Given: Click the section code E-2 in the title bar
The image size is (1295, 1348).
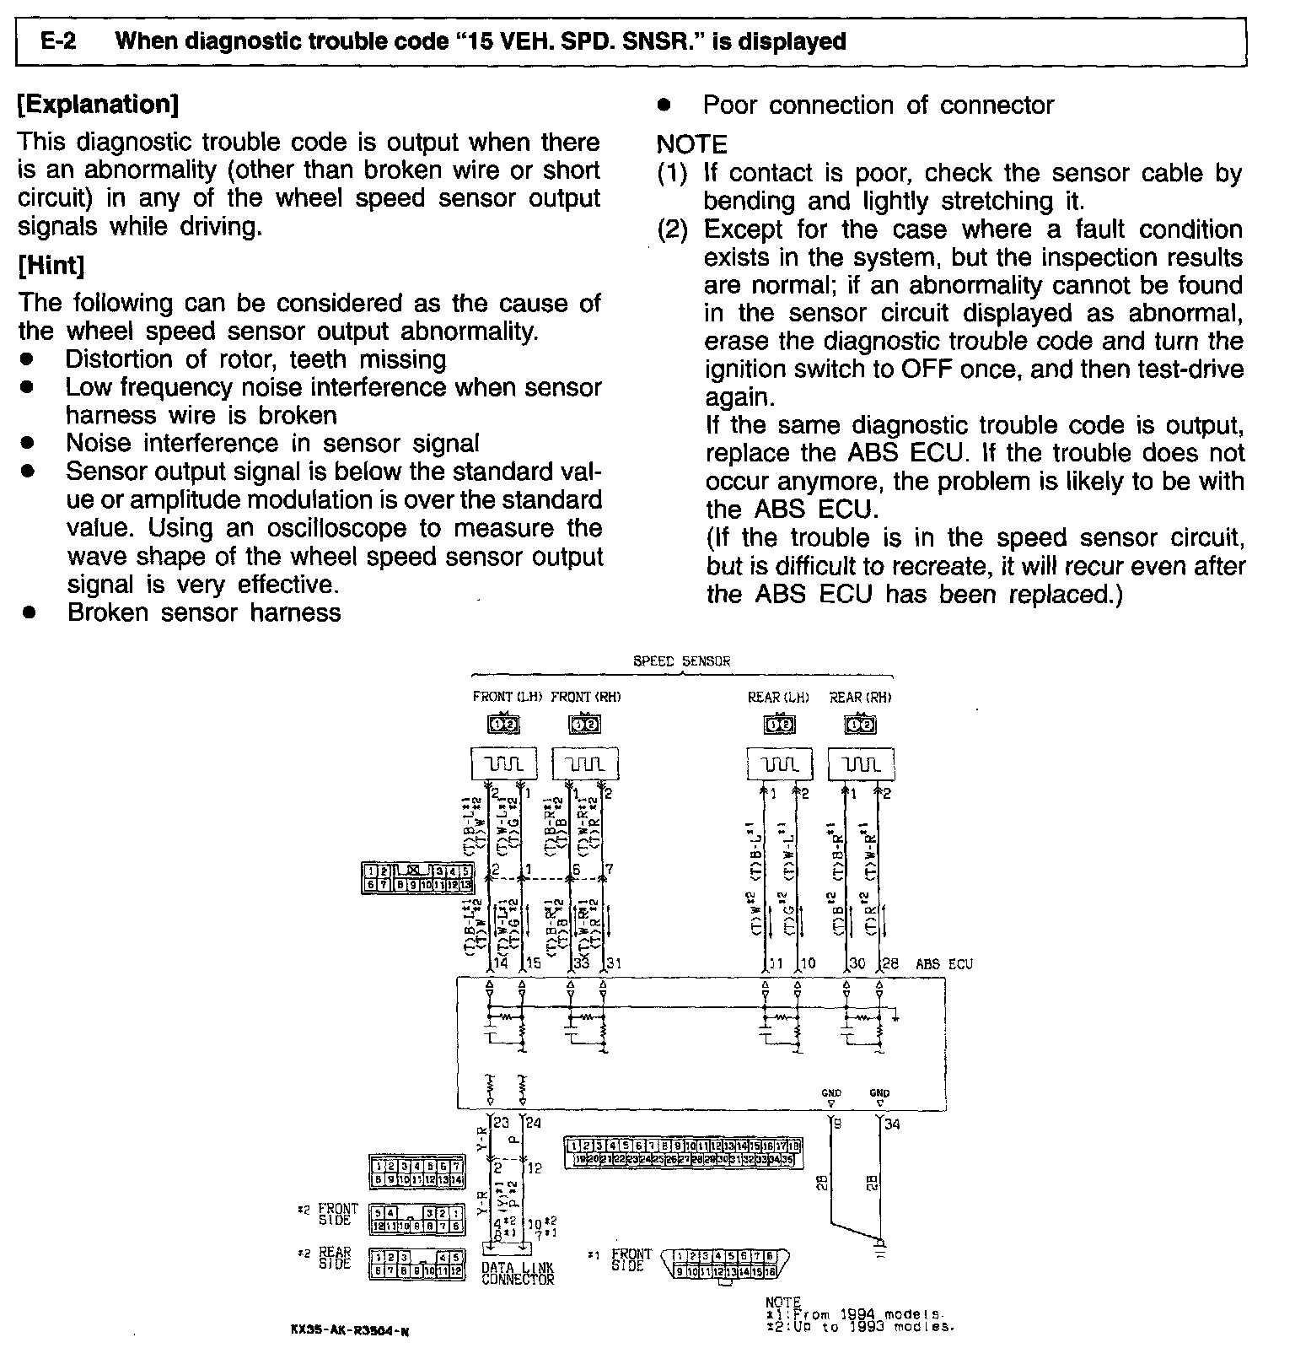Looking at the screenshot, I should pos(58,41).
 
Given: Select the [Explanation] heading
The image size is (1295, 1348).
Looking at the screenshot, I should pos(98,105).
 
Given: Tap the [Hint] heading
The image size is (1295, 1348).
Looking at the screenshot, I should pos(51,266).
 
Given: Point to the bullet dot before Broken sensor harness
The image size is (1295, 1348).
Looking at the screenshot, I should pos(29,613).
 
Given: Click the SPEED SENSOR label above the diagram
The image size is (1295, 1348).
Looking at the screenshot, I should pos(681,661).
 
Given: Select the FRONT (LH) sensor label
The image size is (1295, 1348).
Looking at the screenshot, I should pos(507,697).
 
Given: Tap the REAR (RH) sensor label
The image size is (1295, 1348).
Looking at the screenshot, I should pos(860,697).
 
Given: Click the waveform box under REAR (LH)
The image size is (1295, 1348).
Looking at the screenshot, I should pos(780,764).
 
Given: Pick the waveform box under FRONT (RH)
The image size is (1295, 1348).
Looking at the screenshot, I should pos(585,764).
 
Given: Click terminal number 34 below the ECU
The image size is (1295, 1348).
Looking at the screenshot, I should pos(892,1124).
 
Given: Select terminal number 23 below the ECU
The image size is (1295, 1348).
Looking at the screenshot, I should pos(502,1123).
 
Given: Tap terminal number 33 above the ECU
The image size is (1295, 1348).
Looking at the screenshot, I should pos(582,962).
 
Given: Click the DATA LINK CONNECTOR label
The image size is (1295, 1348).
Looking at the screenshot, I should pos(518,1273).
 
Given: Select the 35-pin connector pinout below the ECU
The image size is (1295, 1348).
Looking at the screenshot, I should pos(682,1152).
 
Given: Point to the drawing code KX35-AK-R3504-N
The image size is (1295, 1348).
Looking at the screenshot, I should pos(349,1332).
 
